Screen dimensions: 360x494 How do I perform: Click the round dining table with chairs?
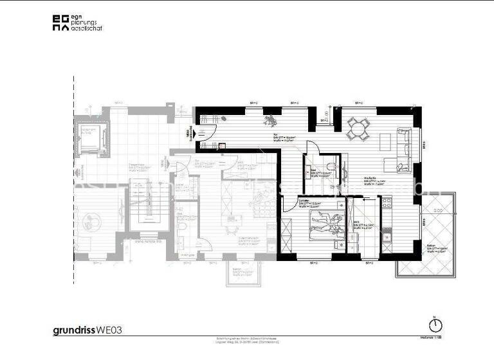pos(358,129)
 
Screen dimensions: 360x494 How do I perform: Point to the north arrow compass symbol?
pos(435,326)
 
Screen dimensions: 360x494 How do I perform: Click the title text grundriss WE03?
pos(87,330)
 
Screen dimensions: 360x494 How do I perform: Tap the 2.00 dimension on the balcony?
pos(437,210)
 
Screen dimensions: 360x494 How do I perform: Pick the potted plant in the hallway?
pos(271,119)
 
